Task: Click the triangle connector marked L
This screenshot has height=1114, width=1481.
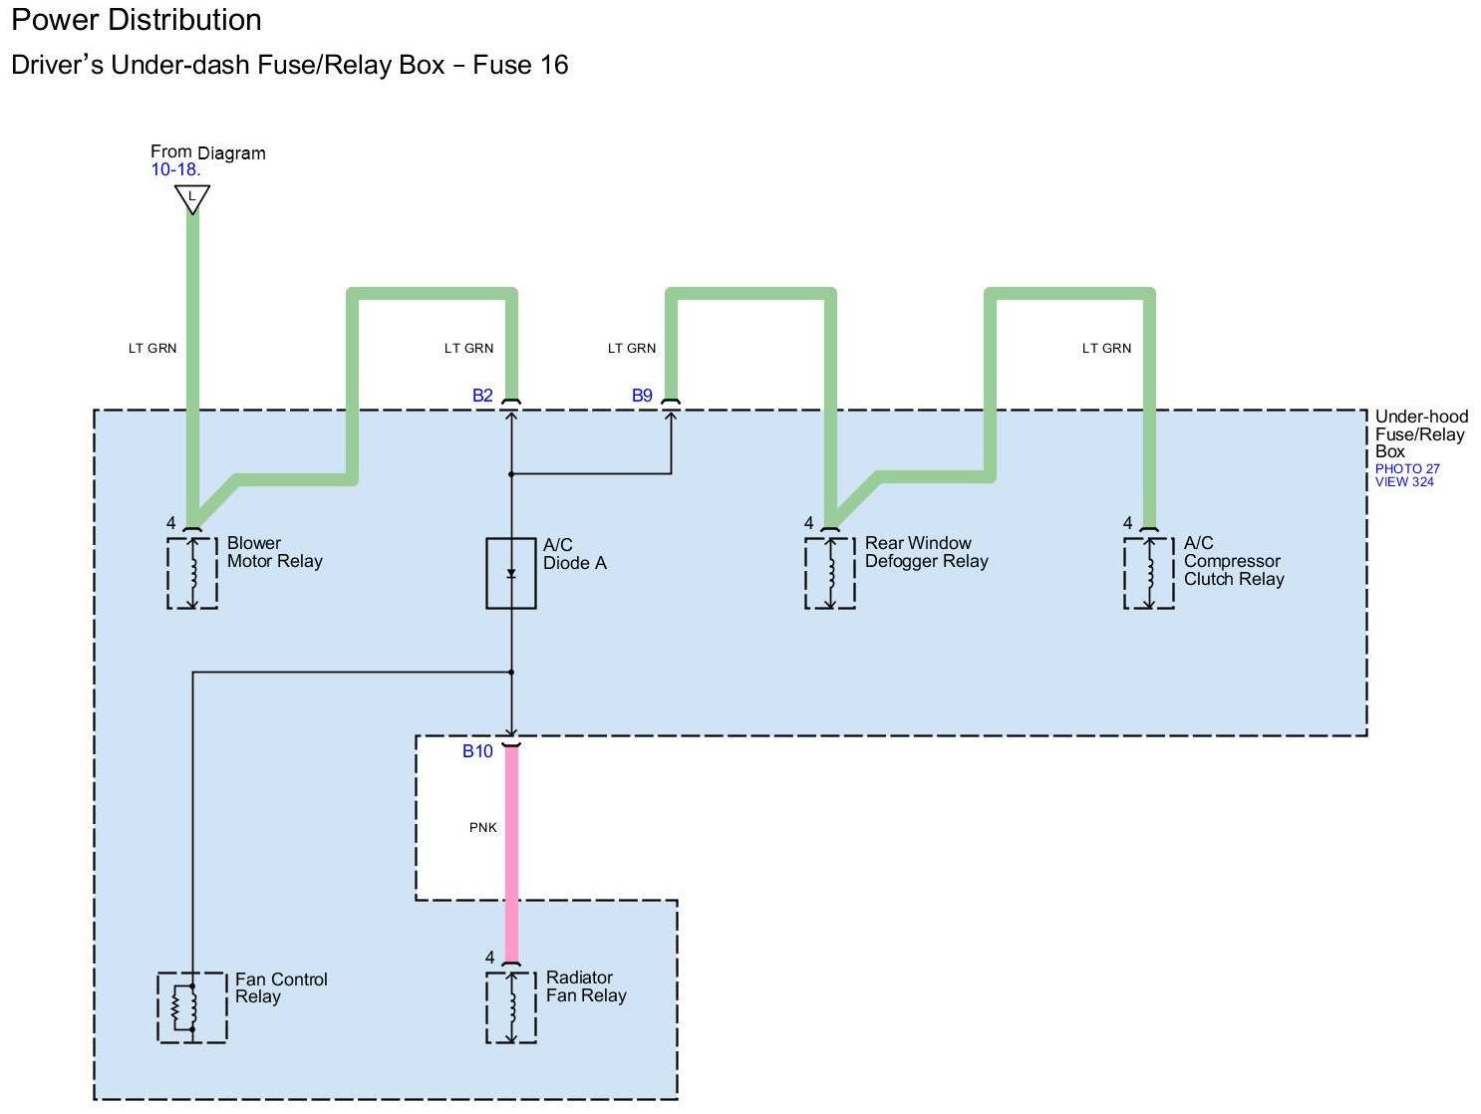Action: coord(192,197)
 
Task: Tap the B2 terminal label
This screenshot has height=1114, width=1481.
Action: coord(482,396)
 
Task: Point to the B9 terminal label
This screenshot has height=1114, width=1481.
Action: coord(642,396)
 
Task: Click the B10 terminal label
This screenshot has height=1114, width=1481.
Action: coord(477,751)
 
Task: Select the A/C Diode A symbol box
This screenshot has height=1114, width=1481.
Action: coord(511,573)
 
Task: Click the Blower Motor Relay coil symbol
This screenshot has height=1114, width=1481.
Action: coord(192,573)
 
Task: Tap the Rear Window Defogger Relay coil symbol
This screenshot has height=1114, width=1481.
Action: coord(830,573)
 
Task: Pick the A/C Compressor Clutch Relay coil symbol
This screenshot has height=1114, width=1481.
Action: coord(1149,573)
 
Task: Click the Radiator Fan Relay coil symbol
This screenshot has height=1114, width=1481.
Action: coord(511,1007)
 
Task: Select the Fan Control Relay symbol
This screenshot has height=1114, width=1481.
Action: coord(191,1007)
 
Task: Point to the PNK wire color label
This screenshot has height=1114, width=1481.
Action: coord(483,827)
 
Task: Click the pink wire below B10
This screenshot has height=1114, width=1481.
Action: coord(511,857)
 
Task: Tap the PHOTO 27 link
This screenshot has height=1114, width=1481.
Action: coord(1407,468)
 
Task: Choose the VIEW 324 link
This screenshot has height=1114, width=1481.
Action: coord(1404,482)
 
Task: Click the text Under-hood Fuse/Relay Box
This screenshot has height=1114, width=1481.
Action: coord(1420,433)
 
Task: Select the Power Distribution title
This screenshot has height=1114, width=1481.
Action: coord(137,20)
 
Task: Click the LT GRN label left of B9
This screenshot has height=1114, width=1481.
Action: coord(632,348)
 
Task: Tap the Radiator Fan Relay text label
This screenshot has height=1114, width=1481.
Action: coord(586,986)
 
